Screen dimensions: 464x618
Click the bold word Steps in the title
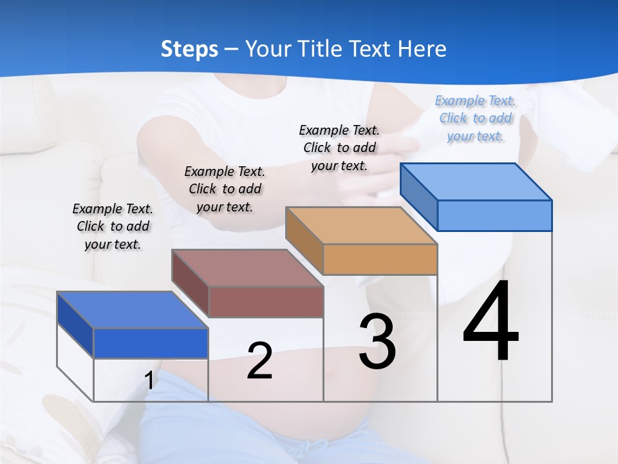point(189,49)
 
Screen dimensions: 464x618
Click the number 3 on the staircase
point(377,342)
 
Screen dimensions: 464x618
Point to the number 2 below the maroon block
point(259,361)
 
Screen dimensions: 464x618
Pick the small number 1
point(149,380)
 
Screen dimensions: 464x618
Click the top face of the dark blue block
point(132,310)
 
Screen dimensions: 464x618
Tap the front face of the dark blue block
point(151,343)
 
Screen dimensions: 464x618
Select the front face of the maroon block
point(266,302)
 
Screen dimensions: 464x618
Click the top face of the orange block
point(360,226)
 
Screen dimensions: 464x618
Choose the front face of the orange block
point(380,259)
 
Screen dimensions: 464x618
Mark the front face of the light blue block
point(494,215)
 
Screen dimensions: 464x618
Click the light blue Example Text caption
point(475,119)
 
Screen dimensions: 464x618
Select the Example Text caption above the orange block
point(339,148)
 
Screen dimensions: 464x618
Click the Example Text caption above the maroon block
point(225,189)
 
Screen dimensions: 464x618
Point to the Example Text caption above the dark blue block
point(113,226)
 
